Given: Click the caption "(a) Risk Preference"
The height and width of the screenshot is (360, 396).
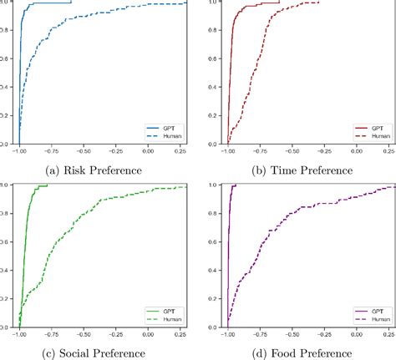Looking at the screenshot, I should click(x=93, y=170).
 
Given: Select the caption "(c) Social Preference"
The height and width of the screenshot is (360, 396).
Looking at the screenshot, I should click(x=93, y=352).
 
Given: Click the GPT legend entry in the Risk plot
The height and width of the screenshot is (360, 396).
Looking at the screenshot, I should click(x=167, y=128).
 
